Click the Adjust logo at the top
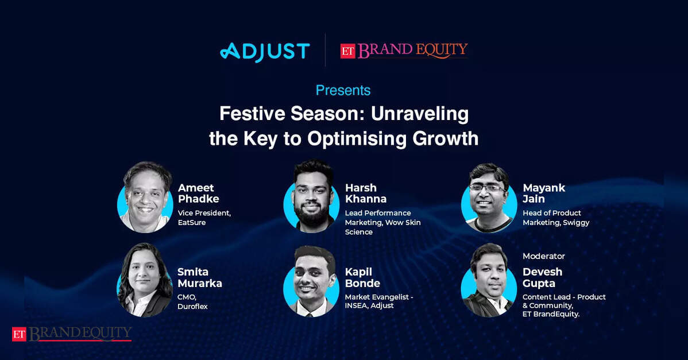(x=265, y=52)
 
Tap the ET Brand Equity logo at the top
(x=404, y=51)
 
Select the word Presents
(x=343, y=90)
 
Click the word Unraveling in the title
(x=420, y=114)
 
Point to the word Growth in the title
(x=445, y=139)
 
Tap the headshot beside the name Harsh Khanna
(x=312, y=196)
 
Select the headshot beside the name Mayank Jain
(x=489, y=198)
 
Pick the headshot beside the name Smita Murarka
(x=145, y=281)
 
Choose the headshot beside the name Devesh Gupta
(x=489, y=281)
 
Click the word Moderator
(x=544, y=256)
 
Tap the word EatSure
(x=192, y=223)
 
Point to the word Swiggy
(x=576, y=223)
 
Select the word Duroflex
(x=192, y=307)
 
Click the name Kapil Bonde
(x=362, y=277)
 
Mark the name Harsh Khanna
(x=365, y=193)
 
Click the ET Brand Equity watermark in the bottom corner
(x=72, y=334)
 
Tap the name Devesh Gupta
(x=542, y=277)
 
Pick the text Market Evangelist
(x=377, y=297)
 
